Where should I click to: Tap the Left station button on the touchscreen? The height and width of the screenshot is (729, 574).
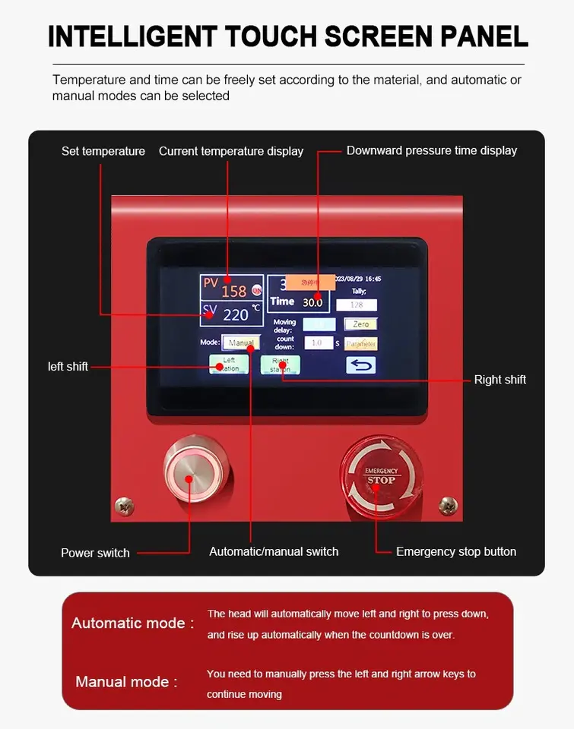(x=229, y=364)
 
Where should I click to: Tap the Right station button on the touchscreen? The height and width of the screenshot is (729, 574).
(x=280, y=364)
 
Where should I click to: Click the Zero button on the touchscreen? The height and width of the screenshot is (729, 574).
(x=360, y=324)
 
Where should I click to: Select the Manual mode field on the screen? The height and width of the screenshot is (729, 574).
(x=240, y=342)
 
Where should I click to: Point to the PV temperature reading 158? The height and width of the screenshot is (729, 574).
(x=234, y=291)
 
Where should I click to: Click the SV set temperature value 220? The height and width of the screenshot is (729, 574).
(x=236, y=314)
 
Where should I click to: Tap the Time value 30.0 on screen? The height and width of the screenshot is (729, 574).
(x=312, y=302)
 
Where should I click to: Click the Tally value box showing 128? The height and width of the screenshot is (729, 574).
(x=357, y=305)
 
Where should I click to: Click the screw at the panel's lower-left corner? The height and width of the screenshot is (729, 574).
(x=124, y=506)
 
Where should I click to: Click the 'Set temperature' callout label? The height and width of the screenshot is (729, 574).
(x=103, y=151)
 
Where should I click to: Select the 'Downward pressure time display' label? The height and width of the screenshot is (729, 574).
(x=431, y=150)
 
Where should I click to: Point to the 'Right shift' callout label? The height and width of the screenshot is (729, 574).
(x=499, y=380)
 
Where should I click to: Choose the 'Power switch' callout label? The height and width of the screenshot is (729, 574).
(x=95, y=553)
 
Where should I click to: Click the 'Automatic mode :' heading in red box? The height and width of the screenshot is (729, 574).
(x=132, y=623)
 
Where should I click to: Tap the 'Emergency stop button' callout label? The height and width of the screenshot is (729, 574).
(x=456, y=552)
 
